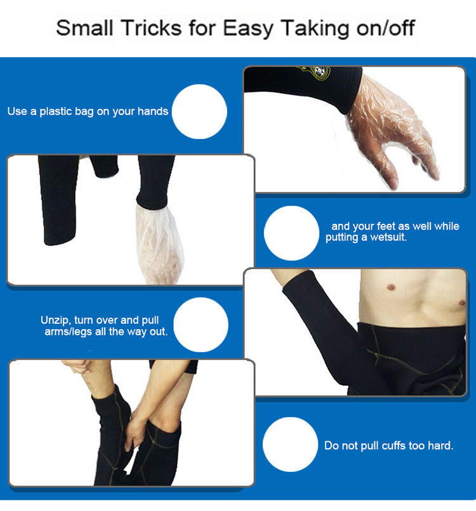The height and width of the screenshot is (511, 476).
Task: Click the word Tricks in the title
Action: tap(152, 28)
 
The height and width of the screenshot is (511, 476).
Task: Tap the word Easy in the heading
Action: tap(248, 29)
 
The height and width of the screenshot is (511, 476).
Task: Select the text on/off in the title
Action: tap(385, 28)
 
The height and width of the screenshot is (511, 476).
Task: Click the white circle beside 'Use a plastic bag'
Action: tap(199, 112)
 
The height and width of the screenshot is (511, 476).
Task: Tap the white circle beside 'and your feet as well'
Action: tap(291, 233)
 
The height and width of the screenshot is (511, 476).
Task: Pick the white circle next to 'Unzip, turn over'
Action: tap(201, 325)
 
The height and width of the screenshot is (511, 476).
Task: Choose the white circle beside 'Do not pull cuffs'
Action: tap(290, 444)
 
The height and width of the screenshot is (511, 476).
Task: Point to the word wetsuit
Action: tap(388, 237)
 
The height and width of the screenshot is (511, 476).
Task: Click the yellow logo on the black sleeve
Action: tap(315, 72)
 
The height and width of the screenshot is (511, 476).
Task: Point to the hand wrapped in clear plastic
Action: tap(392, 131)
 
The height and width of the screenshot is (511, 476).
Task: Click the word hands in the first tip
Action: tap(153, 111)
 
